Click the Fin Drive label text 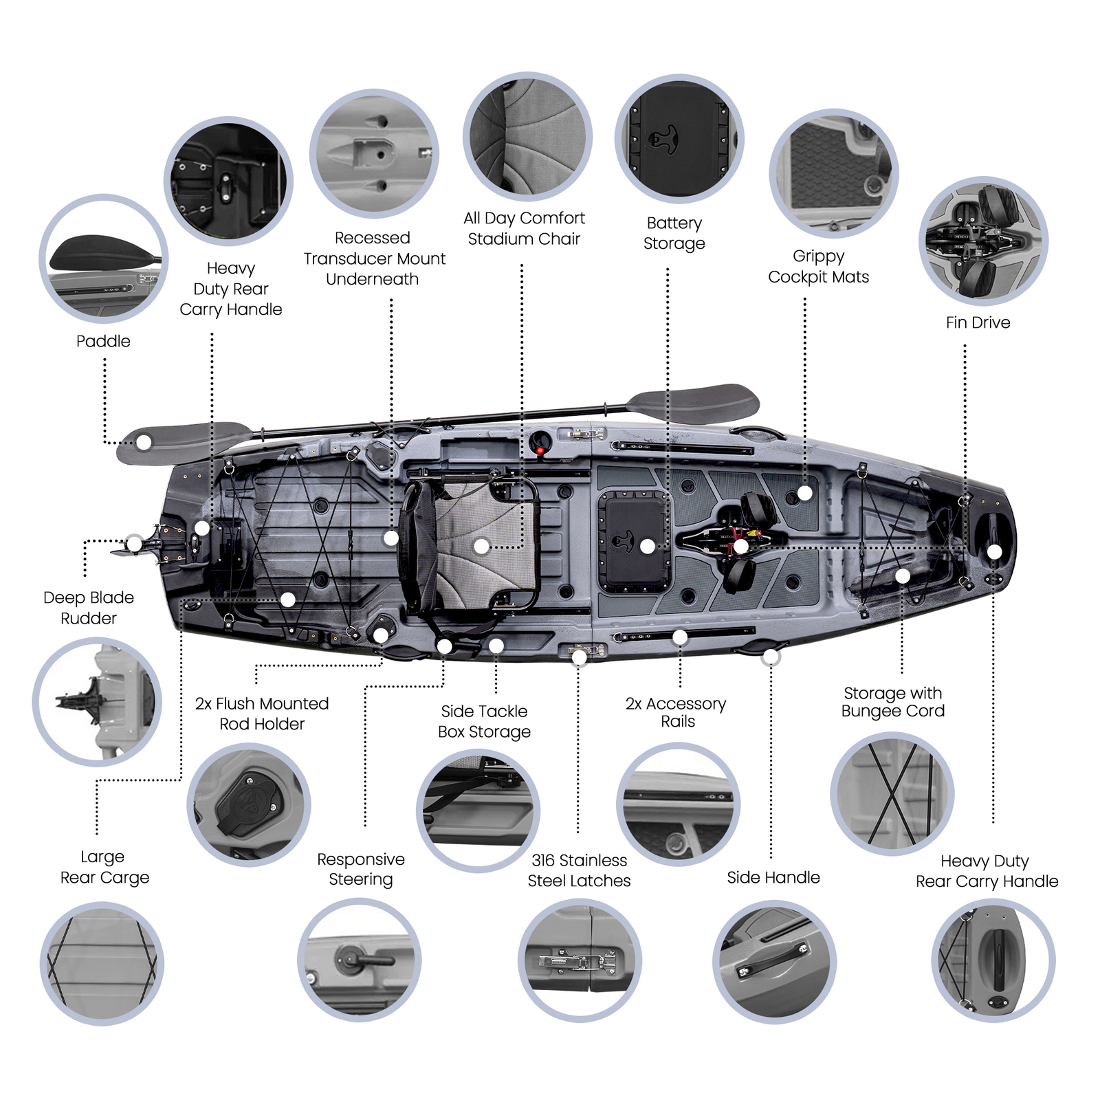pos(978,322)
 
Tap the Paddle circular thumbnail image pos(104,258)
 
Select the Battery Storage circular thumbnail pos(679,139)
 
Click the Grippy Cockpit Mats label pos(818,267)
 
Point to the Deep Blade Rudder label pos(88,608)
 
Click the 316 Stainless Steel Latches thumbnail pos(580,960)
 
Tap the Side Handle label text pos(773,877)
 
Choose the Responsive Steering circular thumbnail pos(359,960)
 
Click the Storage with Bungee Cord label pos(893,702)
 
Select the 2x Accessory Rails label pos(676,712)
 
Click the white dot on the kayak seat pos(481,547)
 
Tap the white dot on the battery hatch pos(647,547)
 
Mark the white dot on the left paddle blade pos(144,442)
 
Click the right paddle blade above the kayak pos(694,403)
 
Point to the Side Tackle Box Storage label pos(484,721)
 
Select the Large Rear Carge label pos(104,867)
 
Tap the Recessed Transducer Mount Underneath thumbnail pos(374,153)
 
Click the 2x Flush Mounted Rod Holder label pos(262,714)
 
